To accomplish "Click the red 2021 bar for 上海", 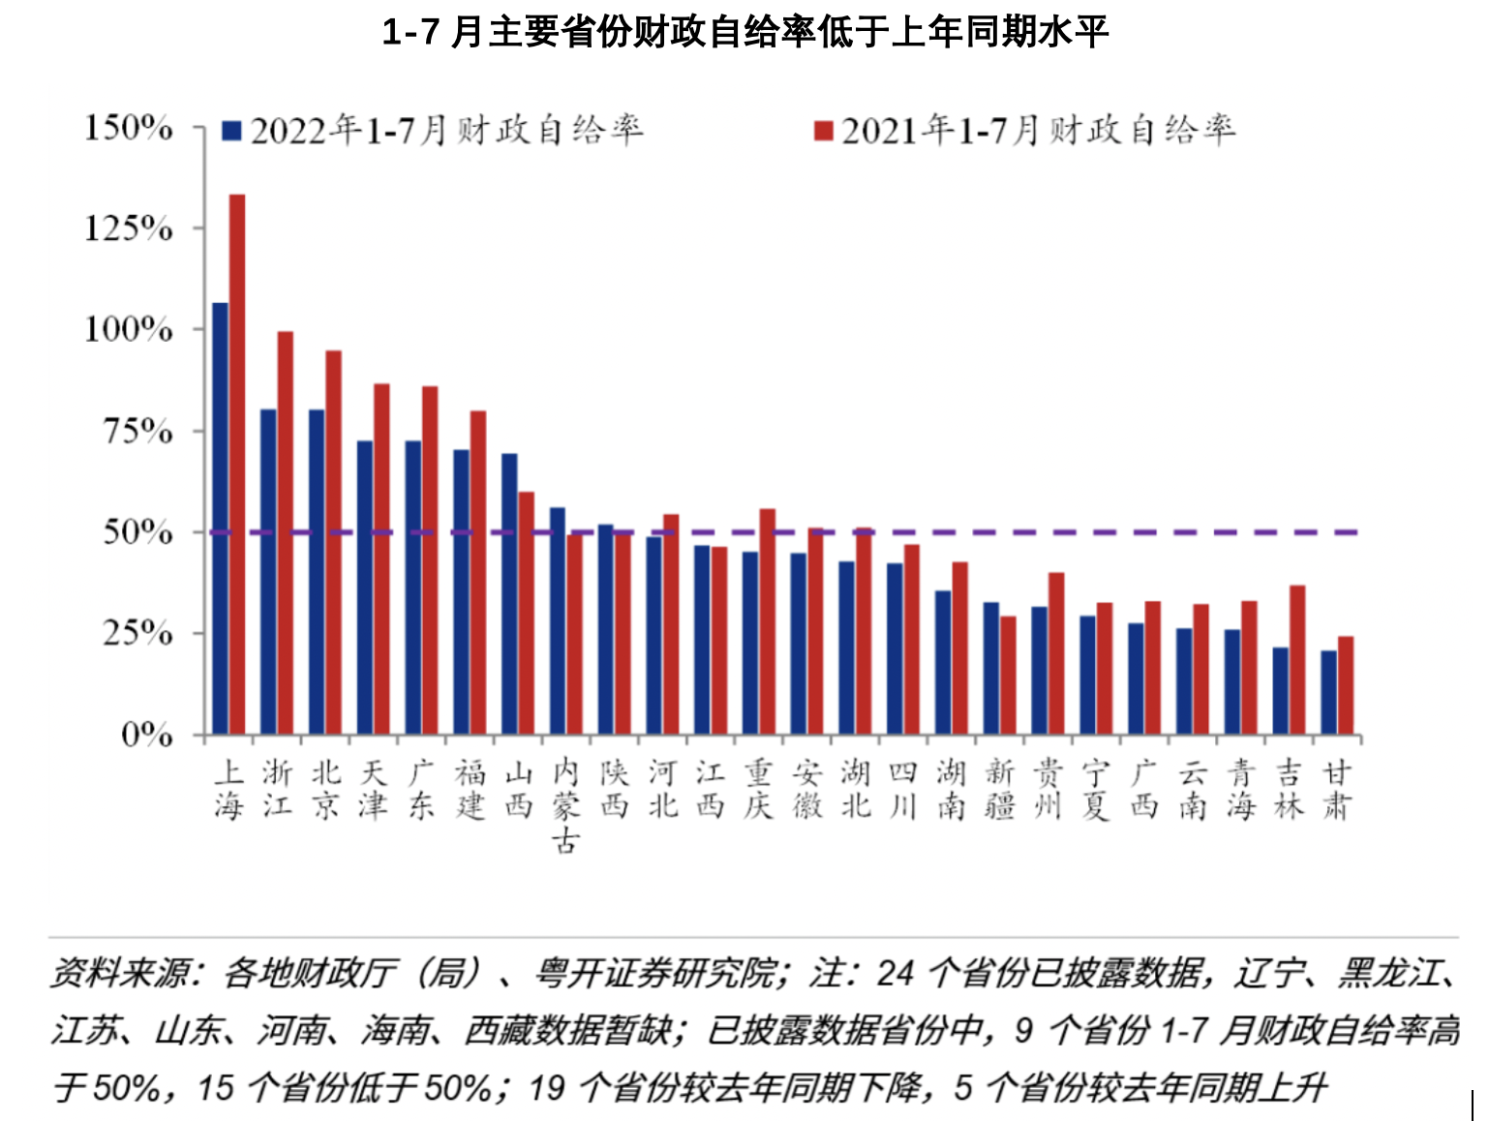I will pos(237,465).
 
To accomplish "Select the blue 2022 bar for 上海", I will pos(221,518).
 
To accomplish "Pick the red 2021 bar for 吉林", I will pos(1297,659).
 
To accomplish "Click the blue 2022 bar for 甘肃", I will pos(1329,692).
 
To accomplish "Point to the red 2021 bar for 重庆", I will pos(768,621).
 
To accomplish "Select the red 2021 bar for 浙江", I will pos(286,532).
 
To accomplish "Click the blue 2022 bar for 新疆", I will pos(991,668).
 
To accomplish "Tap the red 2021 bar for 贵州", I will pos(1056,653).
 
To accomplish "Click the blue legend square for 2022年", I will pos(231,131).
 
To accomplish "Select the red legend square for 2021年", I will pos(824,131).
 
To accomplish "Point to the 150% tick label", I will pos(129,128).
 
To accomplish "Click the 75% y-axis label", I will pos(138,431).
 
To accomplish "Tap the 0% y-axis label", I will pos(147,735).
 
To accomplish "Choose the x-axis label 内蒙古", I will pos(566,805).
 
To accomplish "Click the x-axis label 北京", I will pos(326,789).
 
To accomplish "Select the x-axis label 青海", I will pos(1241,789).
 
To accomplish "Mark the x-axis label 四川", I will pos(902,789).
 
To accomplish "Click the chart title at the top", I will pos(744,33).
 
